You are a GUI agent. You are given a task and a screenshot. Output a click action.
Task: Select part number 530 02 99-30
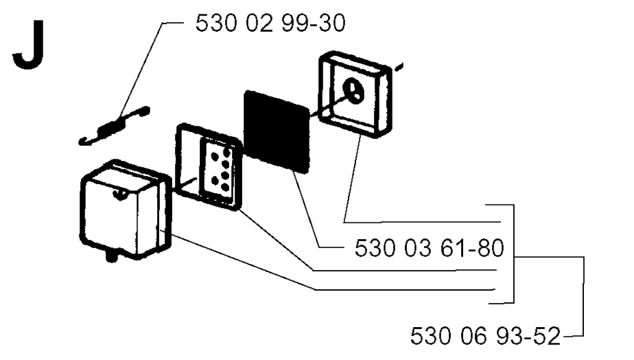point(271,23)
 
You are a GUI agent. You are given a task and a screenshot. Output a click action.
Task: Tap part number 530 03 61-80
point(430,248)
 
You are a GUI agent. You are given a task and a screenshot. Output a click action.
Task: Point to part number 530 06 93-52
point(485,336)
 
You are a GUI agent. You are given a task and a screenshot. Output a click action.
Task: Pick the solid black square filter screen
point(277,131)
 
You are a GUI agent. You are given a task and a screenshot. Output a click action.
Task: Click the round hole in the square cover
point(353,90)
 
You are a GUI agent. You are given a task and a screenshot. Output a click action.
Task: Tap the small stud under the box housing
point(112,257)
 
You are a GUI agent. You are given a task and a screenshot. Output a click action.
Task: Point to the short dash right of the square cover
point(399,67)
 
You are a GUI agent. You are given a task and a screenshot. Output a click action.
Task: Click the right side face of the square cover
point(385,102)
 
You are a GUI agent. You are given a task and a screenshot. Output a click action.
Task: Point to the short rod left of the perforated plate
point(185,185)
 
